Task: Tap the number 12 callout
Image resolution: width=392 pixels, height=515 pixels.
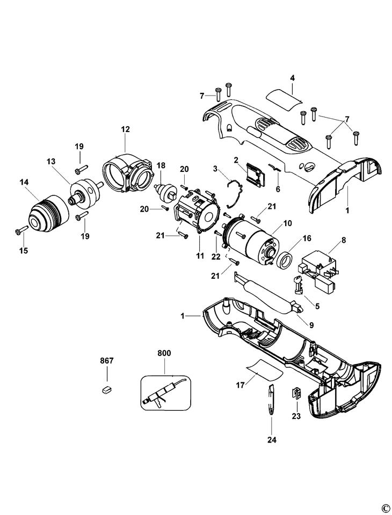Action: point(126,129)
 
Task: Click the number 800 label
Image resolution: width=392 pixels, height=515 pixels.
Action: point(164,353)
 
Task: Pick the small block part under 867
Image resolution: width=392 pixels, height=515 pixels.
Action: point(106,390)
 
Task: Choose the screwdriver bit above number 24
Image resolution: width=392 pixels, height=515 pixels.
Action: point(271,400)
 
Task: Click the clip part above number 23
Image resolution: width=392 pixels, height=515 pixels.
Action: point(296,393)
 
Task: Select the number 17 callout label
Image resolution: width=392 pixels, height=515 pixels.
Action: point(240,385)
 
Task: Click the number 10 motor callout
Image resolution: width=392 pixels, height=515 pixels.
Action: point(287,223)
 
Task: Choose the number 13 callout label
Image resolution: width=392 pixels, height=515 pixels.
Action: point(51,161)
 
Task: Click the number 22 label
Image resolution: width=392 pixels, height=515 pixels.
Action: point(216,257)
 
